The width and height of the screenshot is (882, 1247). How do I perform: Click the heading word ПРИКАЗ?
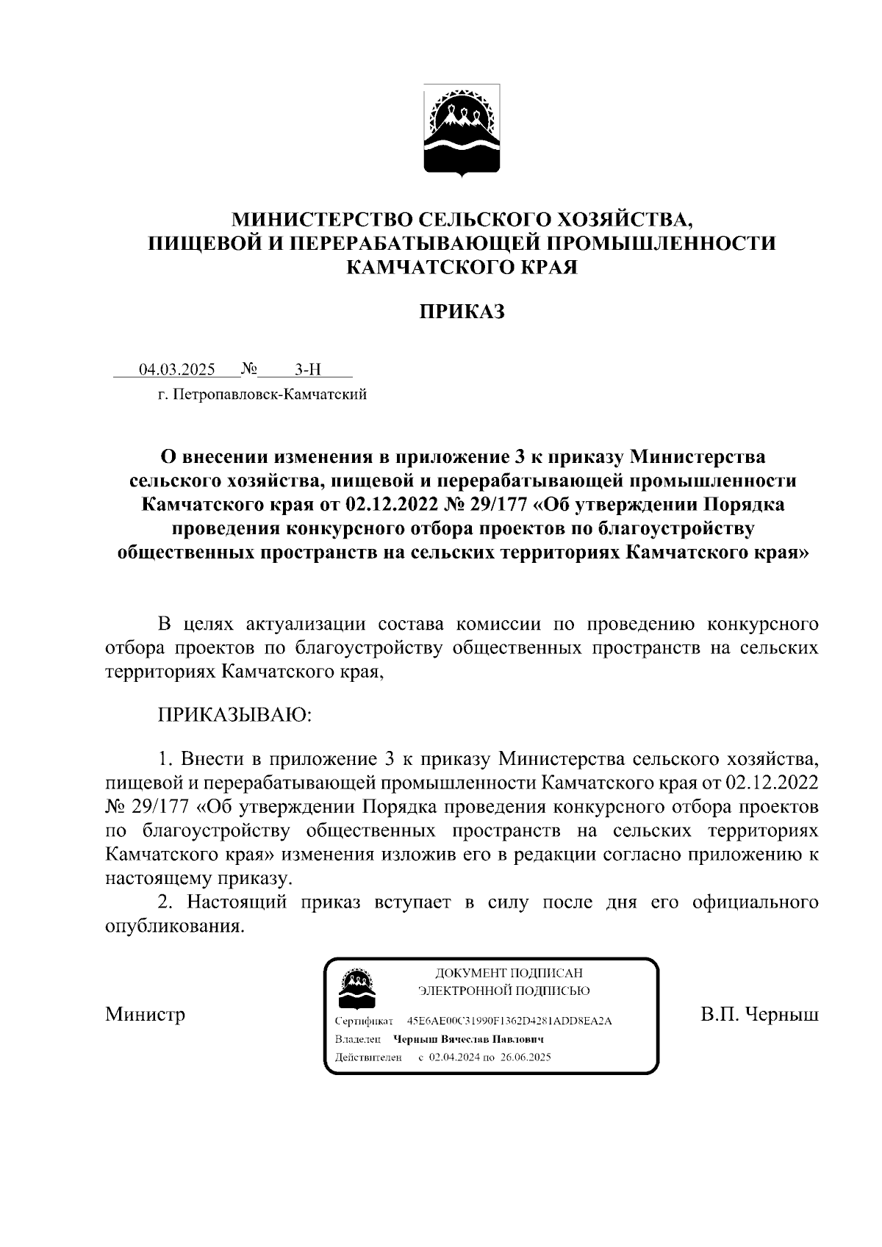pyautogui.click(x=462, y=312)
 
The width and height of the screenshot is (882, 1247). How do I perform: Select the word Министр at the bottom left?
pyautogui.click(x=145, y=1015)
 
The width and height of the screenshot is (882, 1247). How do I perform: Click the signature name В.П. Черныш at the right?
pyautogui.click(x=759, y=1015)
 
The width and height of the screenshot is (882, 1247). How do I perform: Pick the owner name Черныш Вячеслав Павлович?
pyautogui.click(x=468, y=1039)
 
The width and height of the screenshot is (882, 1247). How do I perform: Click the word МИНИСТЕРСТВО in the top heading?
pyautogui.click(x=322, y=220)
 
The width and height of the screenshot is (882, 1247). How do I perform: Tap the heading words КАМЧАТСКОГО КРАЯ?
pyautogui.click(x=462, y=267)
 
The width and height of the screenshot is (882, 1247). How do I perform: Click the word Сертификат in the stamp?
pyautogui.click(x=364, y=1021)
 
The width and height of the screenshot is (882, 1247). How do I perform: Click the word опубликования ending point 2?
pyautogui.click(x=173, y=926)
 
